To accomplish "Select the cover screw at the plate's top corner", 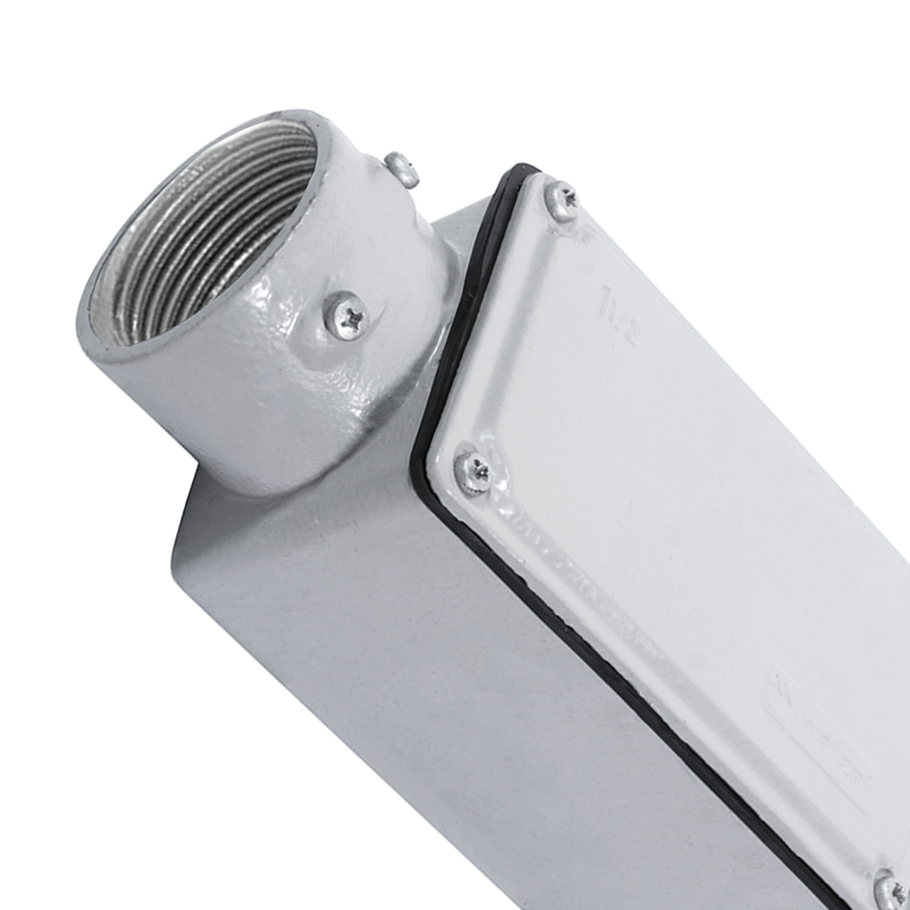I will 562,196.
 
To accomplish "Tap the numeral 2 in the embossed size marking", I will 626,334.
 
